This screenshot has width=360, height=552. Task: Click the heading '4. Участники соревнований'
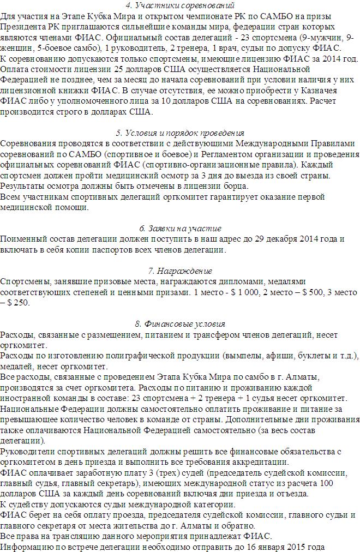(180, 5)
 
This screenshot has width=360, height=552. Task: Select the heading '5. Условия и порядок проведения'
(180, 133)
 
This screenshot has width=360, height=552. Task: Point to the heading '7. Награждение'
(180, 271)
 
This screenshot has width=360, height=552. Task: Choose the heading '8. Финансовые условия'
(180, 323)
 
